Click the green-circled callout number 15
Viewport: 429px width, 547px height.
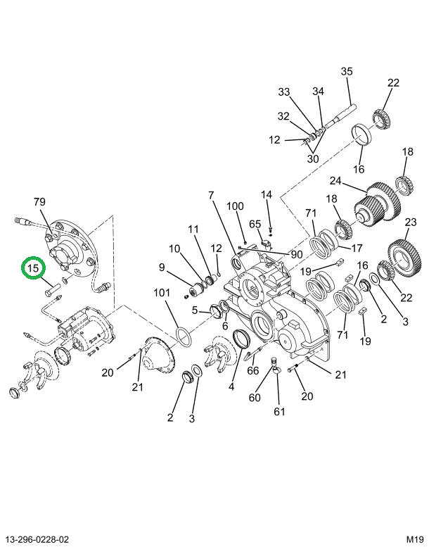(x=33, y=268)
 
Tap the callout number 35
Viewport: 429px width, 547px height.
(x=347, y=72)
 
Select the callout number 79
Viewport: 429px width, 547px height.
(x=39, y=201)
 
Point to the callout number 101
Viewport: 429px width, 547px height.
(x=162, y=292)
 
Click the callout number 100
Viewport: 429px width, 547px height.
(x=235, y=206)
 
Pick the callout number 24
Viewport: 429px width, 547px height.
(x=335, y=181)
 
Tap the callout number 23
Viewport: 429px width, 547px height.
(x=411, y=222)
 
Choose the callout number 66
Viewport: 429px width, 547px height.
(x=252, y=370)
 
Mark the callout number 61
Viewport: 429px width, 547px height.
(x=279, y=412)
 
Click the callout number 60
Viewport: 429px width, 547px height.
(x=255, y=397)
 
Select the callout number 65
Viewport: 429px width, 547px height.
(x=255, y=224)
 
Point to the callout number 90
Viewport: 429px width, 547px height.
(x=296, y=254)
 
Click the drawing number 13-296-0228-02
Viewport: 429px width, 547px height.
(x=37, y=539)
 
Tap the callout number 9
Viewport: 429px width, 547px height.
(x=161, y=268)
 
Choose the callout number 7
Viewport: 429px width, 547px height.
(x=211, y=196)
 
